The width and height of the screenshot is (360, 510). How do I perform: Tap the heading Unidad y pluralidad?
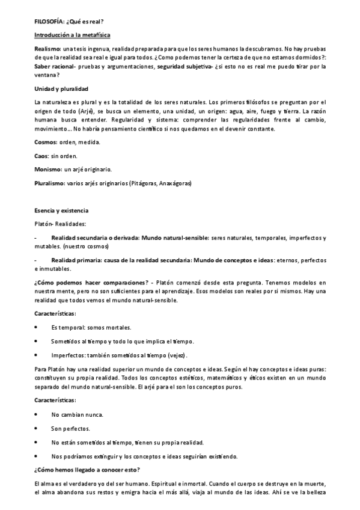pos(62,88)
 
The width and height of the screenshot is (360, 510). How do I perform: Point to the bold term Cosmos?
pos(46,142)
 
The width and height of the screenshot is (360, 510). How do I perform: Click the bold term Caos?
pos(42,156)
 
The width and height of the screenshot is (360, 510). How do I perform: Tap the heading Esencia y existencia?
pos(61,210)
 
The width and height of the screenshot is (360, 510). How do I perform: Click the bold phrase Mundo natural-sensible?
pos(175,238)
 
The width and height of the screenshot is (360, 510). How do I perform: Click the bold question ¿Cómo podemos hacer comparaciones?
pos(91,283)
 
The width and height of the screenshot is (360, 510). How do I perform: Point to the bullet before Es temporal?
pos(37,327)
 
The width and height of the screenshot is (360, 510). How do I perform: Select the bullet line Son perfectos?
pos(70,429)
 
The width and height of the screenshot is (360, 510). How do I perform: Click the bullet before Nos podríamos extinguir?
pos(37,456)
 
